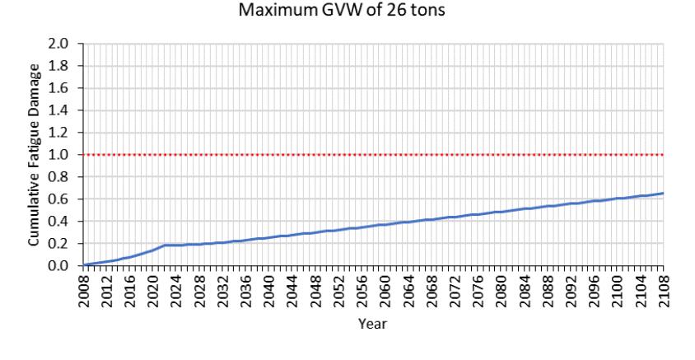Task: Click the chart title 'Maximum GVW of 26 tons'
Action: coord(341,10)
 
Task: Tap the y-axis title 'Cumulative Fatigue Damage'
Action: coord(34,155)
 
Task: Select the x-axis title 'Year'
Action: coord(373,324)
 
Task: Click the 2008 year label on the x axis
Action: coord(84,291)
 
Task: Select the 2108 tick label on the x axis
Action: coord(664,291)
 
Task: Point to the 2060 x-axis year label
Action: coord(385,291)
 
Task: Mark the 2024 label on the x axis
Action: coord(176,291)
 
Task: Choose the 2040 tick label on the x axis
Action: coord(269,291)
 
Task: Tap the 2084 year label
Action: coord(525,291)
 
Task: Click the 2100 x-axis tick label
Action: coord(617,291)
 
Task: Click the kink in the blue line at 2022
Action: coord(165,245)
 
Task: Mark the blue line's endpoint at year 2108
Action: coord(664,194)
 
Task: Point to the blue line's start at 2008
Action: coord(84,264)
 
